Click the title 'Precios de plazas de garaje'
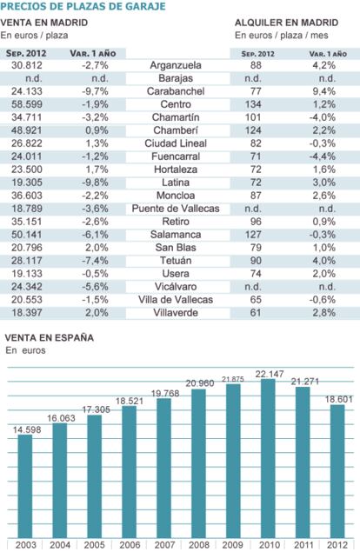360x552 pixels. pos(83,6)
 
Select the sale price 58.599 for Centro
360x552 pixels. pos(27,104)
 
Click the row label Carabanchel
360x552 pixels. pos(176,91)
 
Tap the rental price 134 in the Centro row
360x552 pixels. pos(253,104)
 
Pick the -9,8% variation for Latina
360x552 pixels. pos(95,183)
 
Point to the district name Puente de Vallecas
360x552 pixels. pos(176,209)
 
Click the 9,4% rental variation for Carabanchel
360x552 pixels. pos(324,91)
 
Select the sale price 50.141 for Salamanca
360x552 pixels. pos(27,235)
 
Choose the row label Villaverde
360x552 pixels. pos(176,313)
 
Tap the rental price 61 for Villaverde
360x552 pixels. pos(256,313)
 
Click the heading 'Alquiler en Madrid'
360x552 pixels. pos(286,23)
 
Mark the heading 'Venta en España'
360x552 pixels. pos(50,337)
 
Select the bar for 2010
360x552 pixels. pos(268,458)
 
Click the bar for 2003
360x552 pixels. pos(25,486)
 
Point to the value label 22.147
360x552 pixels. pos(270,374)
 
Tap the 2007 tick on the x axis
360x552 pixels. pos(164,545)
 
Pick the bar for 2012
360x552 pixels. pos(337,471)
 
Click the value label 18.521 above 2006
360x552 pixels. pos(130,401)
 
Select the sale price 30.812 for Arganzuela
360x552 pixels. pos(27,65)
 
